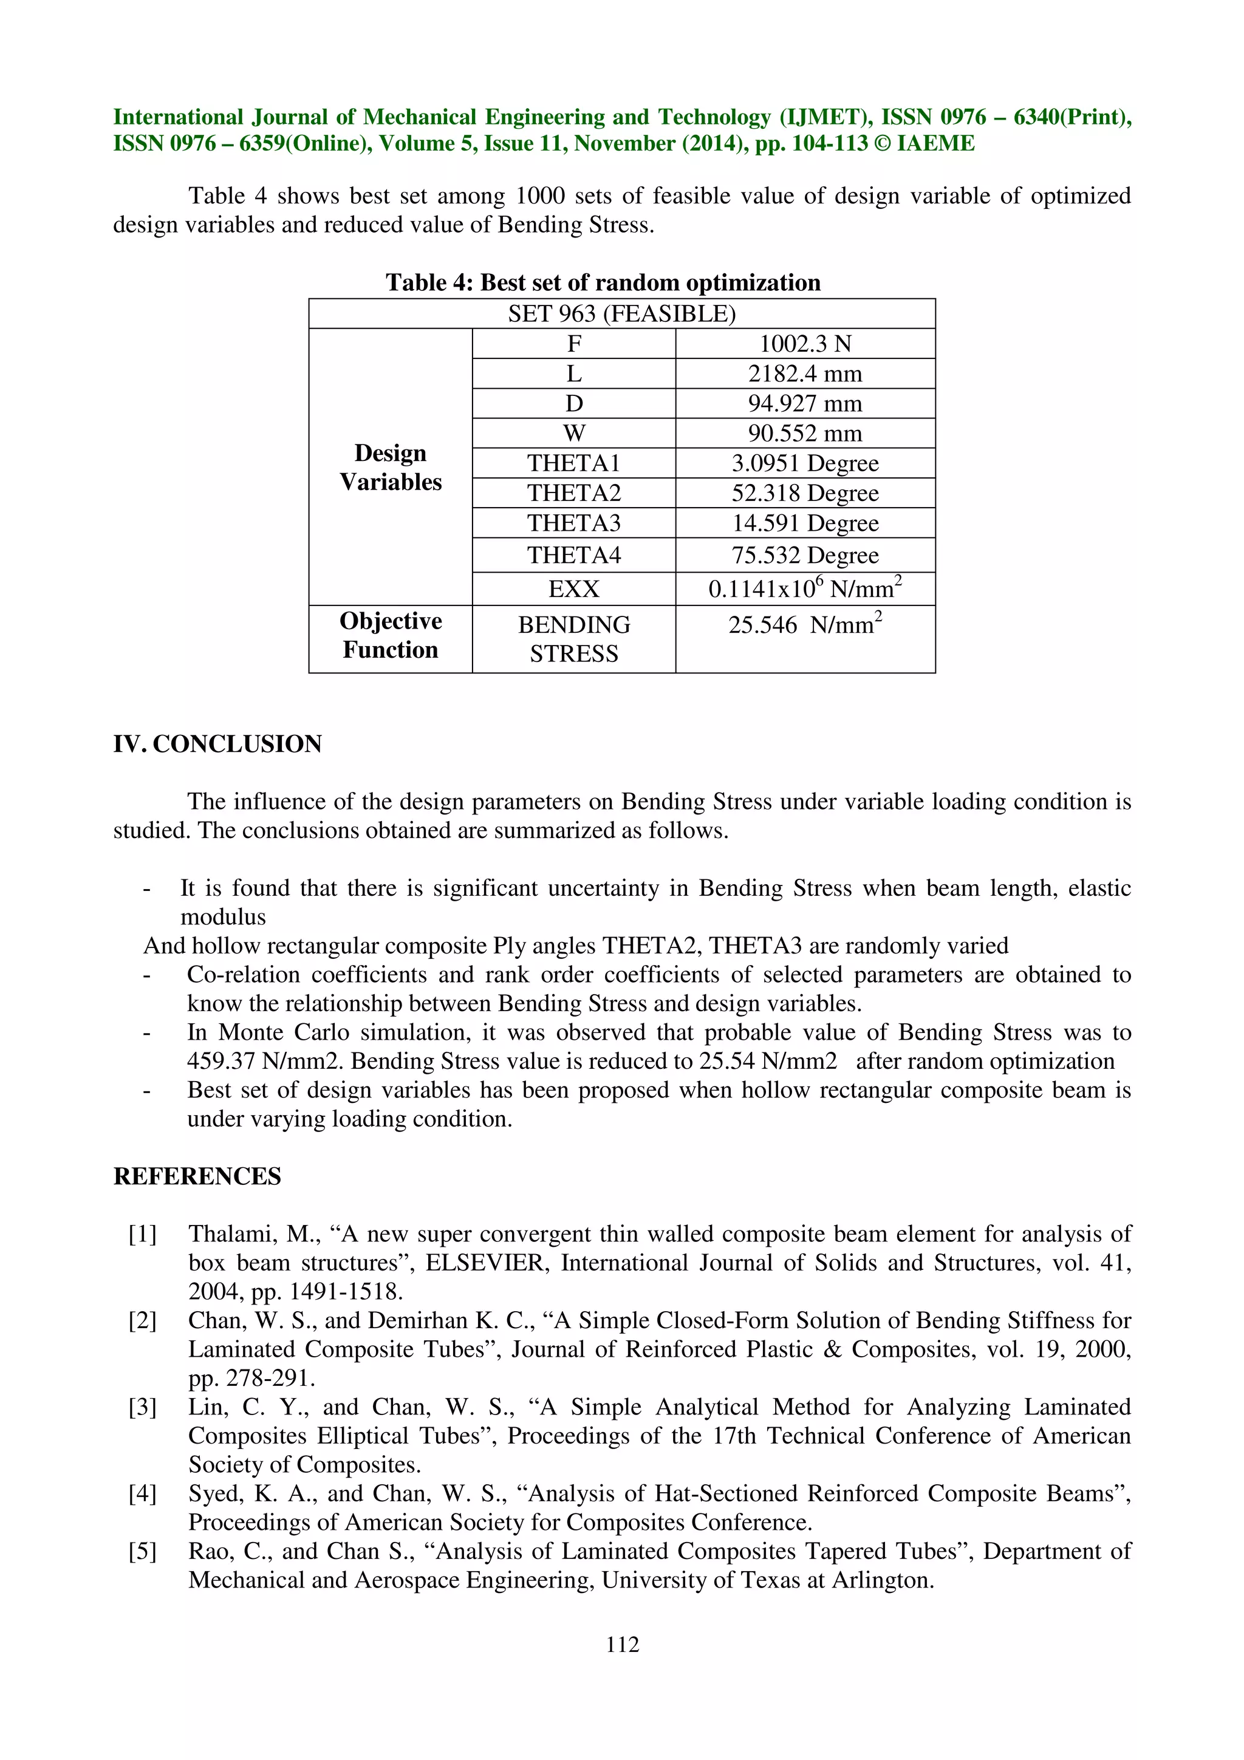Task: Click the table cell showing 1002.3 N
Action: point(805,343)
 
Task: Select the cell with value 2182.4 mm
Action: point(805,373)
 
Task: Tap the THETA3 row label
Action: point(573,523)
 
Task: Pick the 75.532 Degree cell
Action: point(805,555)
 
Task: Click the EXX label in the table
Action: point(573,588)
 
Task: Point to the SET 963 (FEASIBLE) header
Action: point(621,313)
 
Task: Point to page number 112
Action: point(621,1643)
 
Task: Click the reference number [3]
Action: point(143,1407)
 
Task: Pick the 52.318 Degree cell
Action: point(805,493)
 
